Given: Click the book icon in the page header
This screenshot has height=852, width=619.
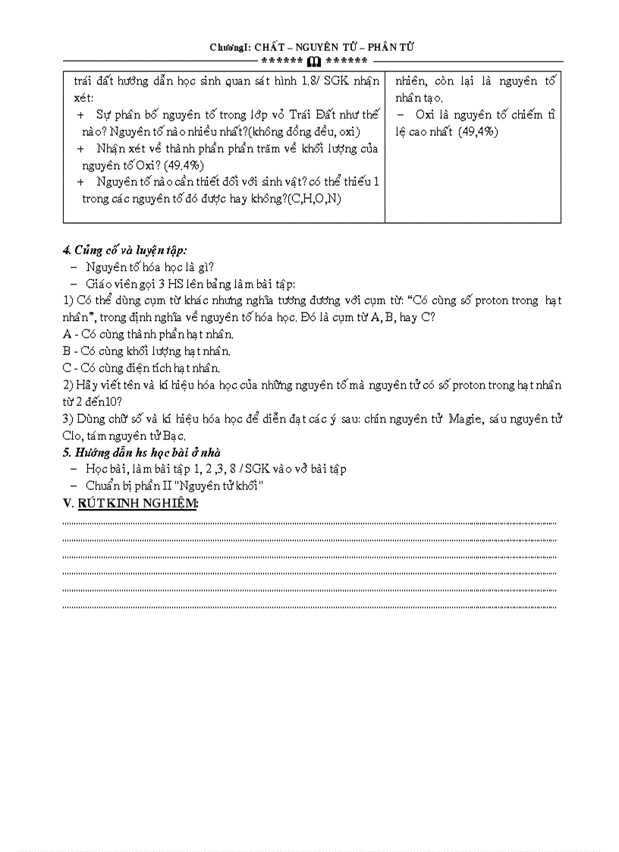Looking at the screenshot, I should tap(314, 61).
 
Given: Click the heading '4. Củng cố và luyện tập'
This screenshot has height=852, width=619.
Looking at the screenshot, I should tap(124, 250).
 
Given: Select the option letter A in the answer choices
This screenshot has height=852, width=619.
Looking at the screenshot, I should tap(66, 334).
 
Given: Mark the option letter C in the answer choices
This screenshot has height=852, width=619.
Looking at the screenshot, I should tap(66, 368).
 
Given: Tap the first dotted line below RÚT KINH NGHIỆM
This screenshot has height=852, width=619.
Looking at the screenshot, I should tap(309, 523).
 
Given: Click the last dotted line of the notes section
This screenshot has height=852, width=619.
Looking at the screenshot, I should tap(309, 607).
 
